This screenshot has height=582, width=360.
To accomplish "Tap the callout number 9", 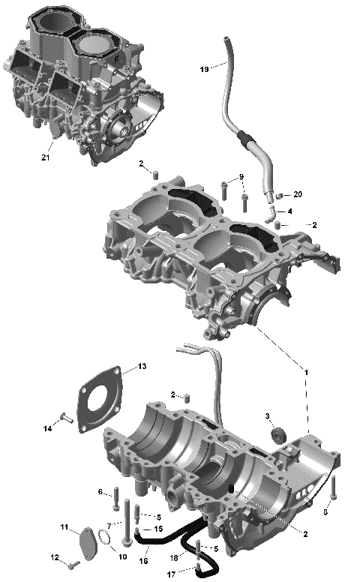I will tap(241, 177).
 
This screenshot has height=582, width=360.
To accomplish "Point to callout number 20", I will tap(298, 194).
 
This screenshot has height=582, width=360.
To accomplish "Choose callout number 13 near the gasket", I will tap(142, 367).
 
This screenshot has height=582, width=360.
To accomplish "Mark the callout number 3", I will tap(267, 416).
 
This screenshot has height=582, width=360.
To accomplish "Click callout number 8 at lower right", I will tap(325, 512).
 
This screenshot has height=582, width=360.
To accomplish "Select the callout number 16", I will tap(142, 559).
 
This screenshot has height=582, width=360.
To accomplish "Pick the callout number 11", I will tap(64, 527).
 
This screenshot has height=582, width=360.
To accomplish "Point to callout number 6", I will tap(100, 492).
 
